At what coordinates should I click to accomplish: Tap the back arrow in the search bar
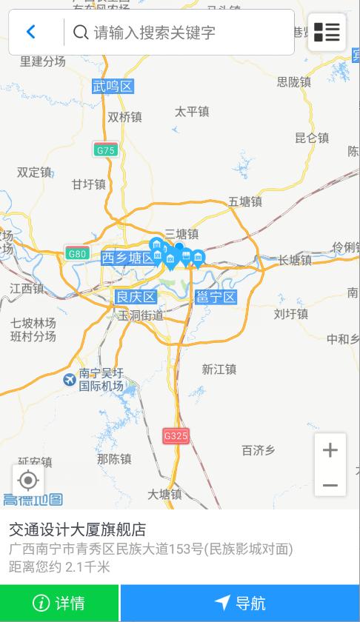click(31, 32)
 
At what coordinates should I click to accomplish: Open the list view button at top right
click(327, 32)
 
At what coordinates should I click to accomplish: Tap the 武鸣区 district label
click(113, 87)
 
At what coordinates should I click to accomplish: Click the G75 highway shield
click(106, 150)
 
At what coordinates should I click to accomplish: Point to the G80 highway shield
click(77, 253)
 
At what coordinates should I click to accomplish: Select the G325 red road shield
click(176, 435)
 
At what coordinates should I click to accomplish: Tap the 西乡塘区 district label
click(129, 258)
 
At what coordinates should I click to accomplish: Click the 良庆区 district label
click(136, 297)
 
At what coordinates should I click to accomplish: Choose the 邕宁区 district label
click(216, 297)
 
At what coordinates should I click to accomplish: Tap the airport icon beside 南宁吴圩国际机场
click(70, 380)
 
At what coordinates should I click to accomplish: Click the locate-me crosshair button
click(28, 481)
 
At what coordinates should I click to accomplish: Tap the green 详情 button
click(59, 603)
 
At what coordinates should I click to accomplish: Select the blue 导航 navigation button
click(240, 603)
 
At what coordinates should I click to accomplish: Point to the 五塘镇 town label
click(245, 201)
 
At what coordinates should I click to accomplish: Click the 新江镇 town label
click(219, 369)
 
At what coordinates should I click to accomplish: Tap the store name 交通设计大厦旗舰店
click(77, 529)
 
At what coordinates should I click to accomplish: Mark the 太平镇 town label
click(192, 112)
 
